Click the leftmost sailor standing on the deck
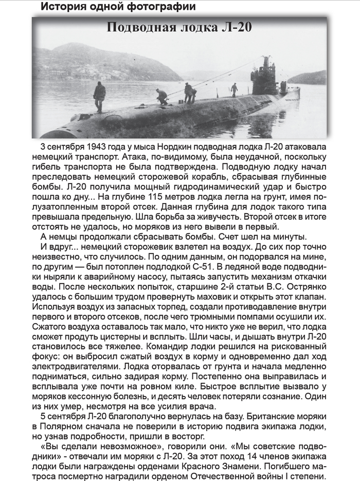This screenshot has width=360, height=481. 99,96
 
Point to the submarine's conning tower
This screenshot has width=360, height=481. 264,77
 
